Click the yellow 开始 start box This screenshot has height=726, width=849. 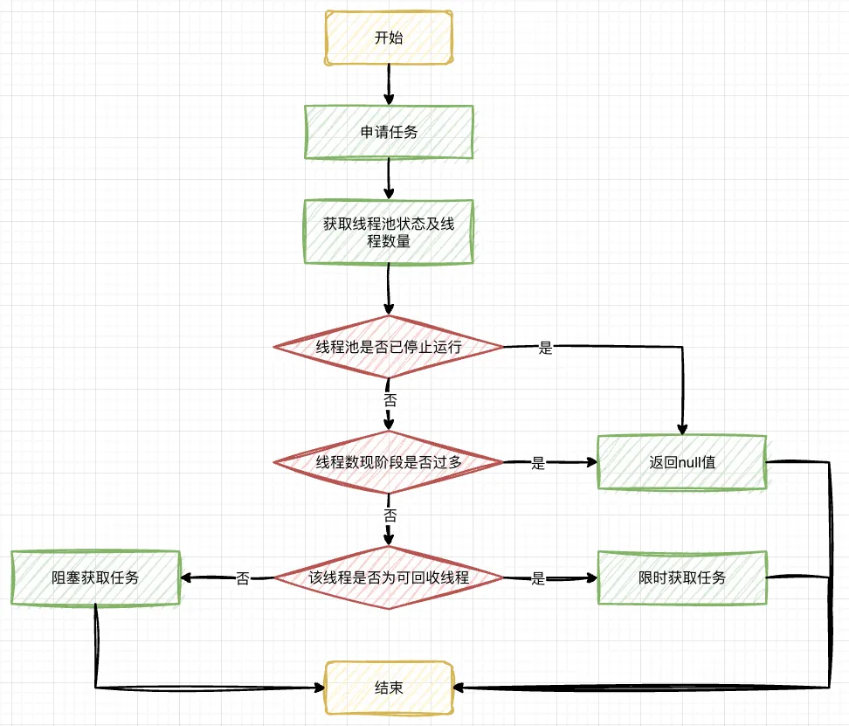pos(389,38)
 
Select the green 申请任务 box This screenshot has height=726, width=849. pos(389,133)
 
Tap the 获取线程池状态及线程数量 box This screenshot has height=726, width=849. pos(389,232)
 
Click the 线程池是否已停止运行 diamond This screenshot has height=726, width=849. pos(389,347)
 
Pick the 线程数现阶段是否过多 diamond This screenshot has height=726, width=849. pos(389,462)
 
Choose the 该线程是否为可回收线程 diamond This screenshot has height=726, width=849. pos(389,577)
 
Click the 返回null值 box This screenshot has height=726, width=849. pos(682,462)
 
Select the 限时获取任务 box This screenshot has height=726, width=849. pos(682,577)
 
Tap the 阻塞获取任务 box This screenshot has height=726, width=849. pos(95,577)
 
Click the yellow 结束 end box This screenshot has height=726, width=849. pos(389,688)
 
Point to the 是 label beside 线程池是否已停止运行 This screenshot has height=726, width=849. pos(546,348)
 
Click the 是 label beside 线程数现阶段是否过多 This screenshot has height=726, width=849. pos(538,463)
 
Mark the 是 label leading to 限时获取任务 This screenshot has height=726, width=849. pos(538,578)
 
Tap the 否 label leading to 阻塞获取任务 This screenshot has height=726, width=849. pos(243,578)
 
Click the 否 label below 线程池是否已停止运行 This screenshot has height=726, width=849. pos(390,399)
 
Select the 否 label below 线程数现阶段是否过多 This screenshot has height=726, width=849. pos(390,515)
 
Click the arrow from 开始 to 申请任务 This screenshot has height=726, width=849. pos(389,86)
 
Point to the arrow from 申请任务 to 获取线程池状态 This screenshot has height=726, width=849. pos(389,180)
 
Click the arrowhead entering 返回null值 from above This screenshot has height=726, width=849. pos(681,427)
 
